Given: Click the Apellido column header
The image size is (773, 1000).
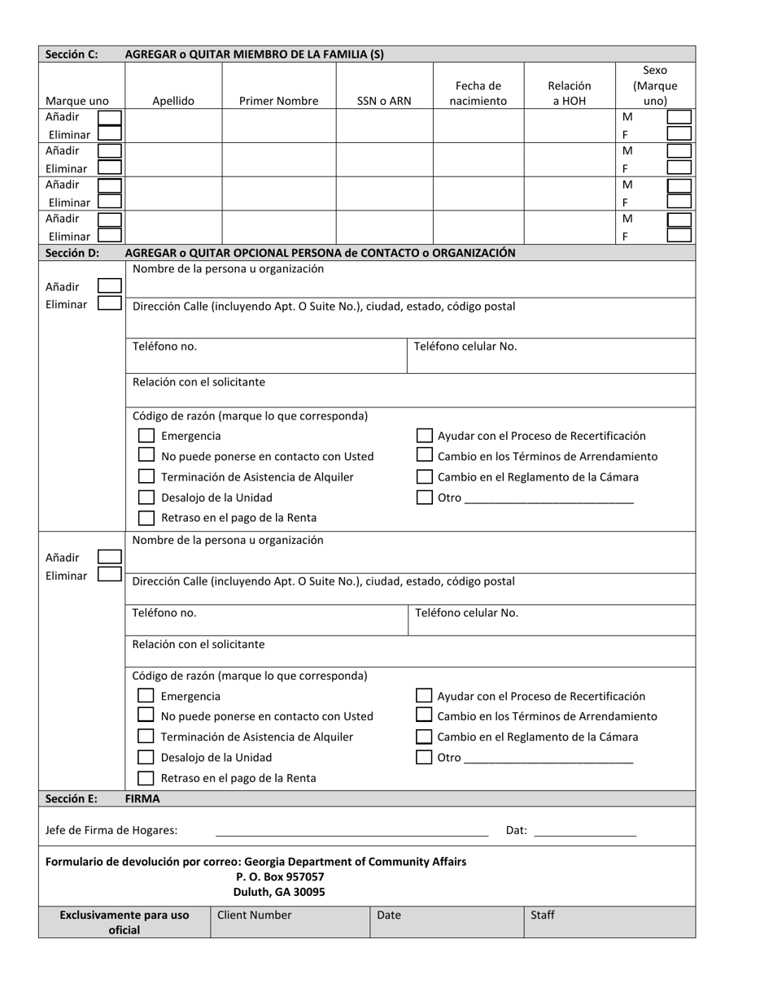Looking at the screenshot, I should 173,102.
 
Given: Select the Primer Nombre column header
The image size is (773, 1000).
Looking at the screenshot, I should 278,102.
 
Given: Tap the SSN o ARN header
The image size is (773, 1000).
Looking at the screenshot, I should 384,102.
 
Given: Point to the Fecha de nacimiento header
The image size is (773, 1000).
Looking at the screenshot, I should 478,93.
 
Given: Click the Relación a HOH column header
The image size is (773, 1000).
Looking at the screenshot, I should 569,93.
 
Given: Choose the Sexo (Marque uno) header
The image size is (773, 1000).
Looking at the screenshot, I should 654,86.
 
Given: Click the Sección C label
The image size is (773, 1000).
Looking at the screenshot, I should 72,54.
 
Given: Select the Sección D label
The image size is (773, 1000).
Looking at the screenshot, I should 72,253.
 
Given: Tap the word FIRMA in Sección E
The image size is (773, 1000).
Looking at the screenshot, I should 142,798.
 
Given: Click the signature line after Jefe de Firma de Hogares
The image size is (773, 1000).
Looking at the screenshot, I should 352,831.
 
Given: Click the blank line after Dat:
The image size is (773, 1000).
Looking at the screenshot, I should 585,831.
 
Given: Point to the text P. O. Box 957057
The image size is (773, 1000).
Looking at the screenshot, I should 280,876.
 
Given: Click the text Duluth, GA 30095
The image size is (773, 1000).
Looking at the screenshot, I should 279,892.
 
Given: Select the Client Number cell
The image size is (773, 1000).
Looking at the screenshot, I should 290,922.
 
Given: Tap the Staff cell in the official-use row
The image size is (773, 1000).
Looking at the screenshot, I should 609,922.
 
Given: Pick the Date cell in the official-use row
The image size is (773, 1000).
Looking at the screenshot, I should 447,922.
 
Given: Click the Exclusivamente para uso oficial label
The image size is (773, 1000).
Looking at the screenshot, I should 124,922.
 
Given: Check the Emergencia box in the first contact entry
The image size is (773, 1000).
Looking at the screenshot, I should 146,436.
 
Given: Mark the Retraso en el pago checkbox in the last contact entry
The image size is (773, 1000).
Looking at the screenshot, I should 146,778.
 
